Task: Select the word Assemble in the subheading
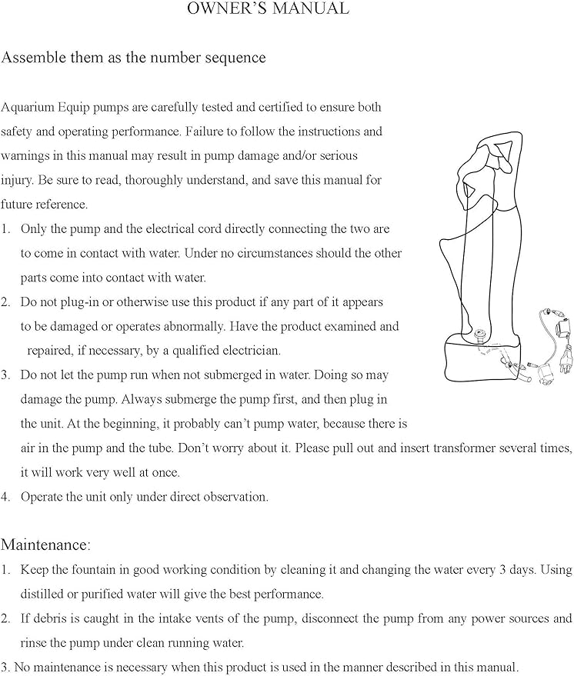32,58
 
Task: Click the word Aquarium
26,107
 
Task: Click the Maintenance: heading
45,545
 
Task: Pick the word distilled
45,594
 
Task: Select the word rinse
34,643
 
